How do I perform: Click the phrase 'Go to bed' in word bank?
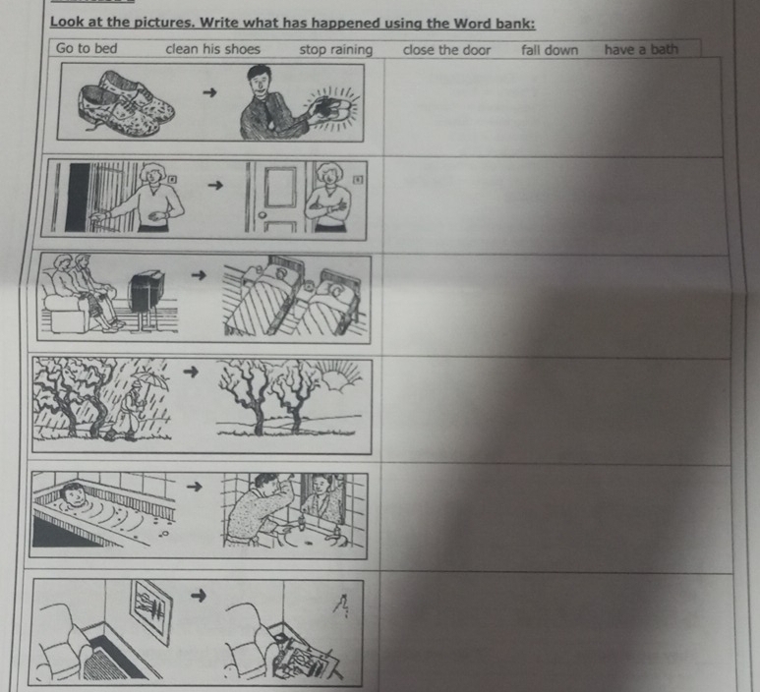pyautogui.click(x=87, y=48)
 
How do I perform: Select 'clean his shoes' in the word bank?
pyautogui.click(x=212, y=49)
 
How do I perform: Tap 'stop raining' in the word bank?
pyautogui.click(x=336, y=50)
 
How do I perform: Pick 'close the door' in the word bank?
pyautogui.click(x=446, y=50)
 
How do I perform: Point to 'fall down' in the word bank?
pyautogui.click(x=550, y=50)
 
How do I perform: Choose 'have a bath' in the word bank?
pyautogui.click(x=641, y=49)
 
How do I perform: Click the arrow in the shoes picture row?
pyautogui.click(x=209, y=92)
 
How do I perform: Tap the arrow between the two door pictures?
pyautogui.click(x=215, y=185)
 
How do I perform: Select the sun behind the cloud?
pyautogui.click(x=342, y=375)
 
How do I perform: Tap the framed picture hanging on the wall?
pyautogui.click(x=151, y=612)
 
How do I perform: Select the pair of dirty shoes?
pyautogui.click(x=126, y=103)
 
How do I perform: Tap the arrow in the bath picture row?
pyautogui.click(x=195, y=486)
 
